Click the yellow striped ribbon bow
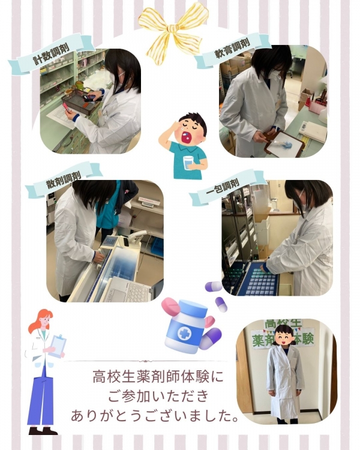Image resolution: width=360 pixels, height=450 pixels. point(173,27)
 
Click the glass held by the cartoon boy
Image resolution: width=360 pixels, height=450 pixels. point(188,163)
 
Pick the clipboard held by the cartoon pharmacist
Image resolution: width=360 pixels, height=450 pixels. point(58,346)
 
